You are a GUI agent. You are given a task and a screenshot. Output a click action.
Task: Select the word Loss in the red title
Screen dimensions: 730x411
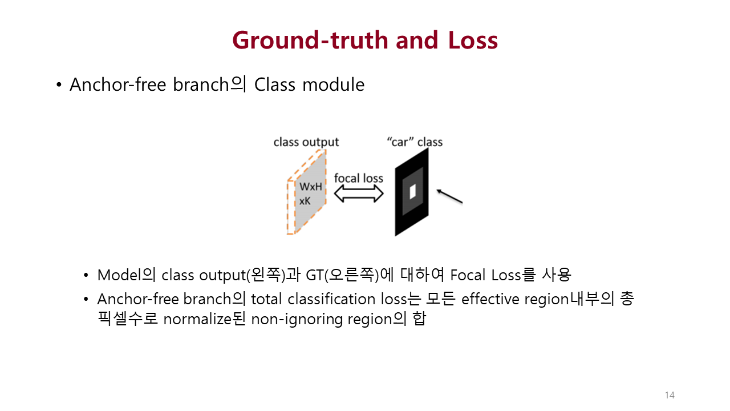click(473, 41)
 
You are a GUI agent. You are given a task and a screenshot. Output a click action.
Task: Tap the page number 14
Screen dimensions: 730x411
click(670, 395)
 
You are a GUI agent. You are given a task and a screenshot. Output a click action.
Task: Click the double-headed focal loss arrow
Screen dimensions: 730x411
click(359, 194)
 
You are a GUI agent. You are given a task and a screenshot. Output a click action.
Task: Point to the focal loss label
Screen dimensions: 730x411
click(359, 178)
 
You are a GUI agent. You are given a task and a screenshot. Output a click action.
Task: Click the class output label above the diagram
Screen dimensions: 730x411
click(306, 142)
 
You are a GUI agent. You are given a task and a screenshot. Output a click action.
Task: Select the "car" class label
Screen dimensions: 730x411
click(415, 142)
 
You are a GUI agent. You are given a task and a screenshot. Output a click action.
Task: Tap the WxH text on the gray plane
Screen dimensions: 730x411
click(311, 187)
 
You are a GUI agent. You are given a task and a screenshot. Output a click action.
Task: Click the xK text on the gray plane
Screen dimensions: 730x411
click(305, 201)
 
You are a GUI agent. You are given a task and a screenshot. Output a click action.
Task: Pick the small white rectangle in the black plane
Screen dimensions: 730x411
click(412, 191)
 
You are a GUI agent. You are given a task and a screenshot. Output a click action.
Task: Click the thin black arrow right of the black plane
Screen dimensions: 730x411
click(449, 196)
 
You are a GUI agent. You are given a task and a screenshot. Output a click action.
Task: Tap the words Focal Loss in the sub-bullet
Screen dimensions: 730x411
click(485, 275)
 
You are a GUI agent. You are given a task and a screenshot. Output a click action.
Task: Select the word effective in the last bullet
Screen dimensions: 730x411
click(490, 299)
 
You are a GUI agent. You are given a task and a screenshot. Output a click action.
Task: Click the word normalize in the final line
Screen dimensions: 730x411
click(197, 319)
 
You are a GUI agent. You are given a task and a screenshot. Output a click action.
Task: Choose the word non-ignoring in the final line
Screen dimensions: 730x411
click(297, 320)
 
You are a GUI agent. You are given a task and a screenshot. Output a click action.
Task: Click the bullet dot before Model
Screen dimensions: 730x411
click(86, 276)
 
